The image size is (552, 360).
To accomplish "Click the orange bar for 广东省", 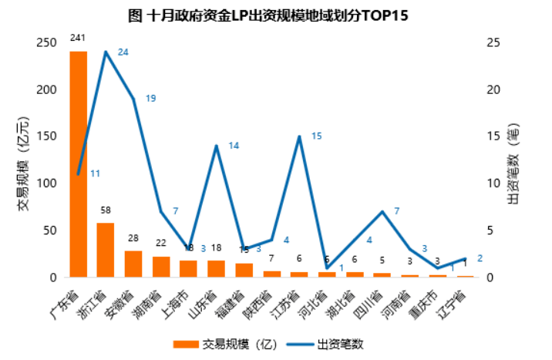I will pos(78,163).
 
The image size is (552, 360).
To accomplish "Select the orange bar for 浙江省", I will pos(106,250).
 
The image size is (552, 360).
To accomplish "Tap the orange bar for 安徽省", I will pos(133,264).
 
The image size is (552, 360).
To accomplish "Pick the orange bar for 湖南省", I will pos(161,267).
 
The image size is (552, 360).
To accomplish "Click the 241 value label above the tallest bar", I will pos(77,37).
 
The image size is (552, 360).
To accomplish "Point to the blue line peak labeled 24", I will pos(106,52).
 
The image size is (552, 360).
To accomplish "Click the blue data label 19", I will pos(150,99).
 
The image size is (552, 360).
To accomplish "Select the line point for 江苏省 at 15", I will pos(298,136).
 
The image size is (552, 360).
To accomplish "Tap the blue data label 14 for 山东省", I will pos(234,146).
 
